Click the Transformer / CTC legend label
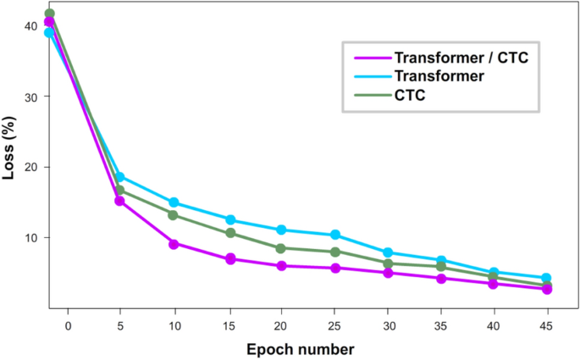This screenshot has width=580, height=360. click(467, 58)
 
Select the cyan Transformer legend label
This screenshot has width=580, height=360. click(439, 77)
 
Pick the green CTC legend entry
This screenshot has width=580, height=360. click(409, 96)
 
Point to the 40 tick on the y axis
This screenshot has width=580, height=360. click(31, 26)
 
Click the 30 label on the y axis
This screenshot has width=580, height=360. click(31, 97)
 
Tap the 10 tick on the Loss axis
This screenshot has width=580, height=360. click(31, 237)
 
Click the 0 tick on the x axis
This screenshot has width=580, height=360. click(68, 325)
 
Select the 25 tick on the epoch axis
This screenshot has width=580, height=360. click(334, 325)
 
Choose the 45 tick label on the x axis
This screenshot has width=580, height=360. click(547, 325)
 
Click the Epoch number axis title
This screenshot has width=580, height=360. click(300, 348)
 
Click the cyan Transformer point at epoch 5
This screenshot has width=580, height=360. click(119, 177)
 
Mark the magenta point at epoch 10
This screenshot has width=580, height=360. click(174, 244)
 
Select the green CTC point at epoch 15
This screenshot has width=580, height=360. click(229, 233)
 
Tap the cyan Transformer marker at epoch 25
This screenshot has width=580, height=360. click(335, 235)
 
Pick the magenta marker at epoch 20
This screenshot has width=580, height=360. click(282, 266)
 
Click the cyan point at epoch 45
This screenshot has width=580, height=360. click(547, 278)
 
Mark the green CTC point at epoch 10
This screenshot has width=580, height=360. click(174, 215)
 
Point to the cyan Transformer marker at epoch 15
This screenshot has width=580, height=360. click(229, 219)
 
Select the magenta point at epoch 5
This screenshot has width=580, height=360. click(119, 201)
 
